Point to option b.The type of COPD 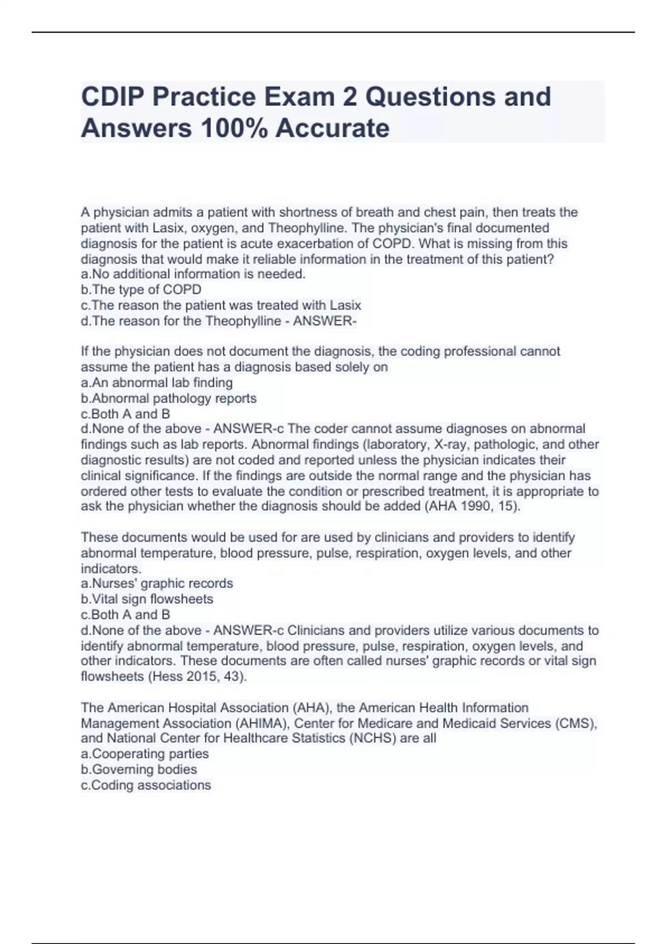[141, 289]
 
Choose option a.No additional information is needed [193, 274]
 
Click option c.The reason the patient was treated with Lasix [221, 305]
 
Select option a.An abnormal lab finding [157, 383]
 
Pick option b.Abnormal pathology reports [169, 398]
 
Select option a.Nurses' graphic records [157, 583]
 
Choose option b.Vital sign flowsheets [147, 599]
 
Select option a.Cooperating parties [145, 754]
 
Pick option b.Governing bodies [139, 769]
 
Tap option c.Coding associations [146, 785]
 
